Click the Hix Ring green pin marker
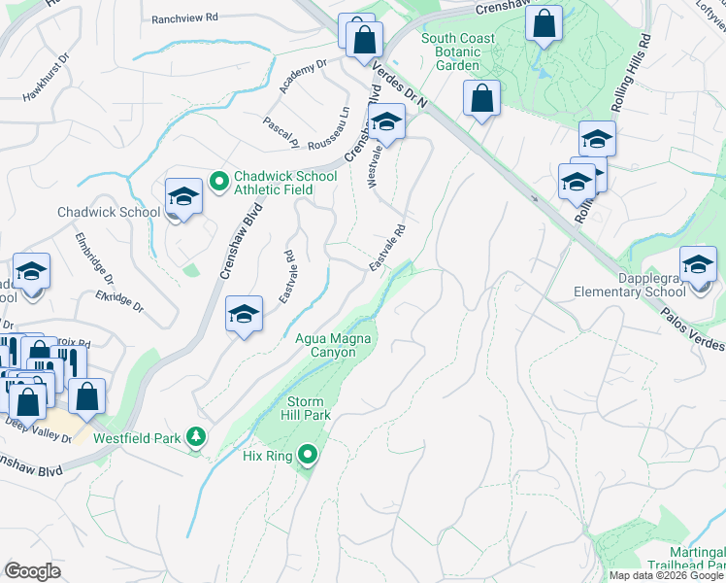(x=309, y=454)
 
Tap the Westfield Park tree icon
(x=197, y=437)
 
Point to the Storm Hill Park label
(x=309, y=408)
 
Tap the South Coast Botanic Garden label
(x=458, y=51)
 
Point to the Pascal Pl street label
(x=281, y=132)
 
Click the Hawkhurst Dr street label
(x=48, y=83)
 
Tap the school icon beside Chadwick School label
(x=183, y=197)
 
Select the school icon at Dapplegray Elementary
(x=698, y=265)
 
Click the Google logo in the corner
(x=32, y=571)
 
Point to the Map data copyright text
(x=666, y=575)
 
